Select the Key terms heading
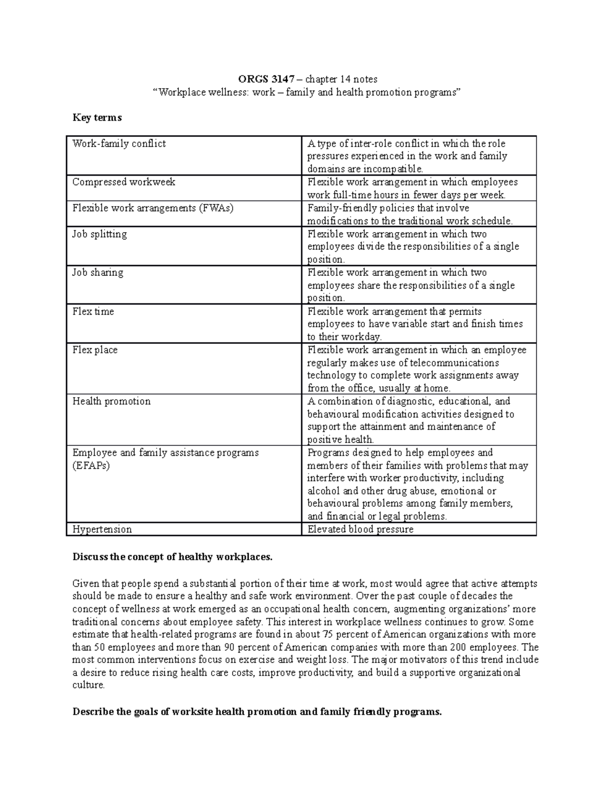tap(97, 118)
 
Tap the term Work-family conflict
tap(119, 144)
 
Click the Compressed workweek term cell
tap(124, 182)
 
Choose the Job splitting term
tap(99, 234)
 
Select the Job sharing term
tap(97, 273)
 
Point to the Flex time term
tap(93, 312)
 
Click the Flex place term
tap(95, 350)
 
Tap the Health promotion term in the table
tap(111, 401)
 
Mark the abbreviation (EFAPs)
tap(91, 466)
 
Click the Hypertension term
tap(102, 529)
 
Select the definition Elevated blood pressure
tap(360, 529)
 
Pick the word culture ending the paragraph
tap(88, 685)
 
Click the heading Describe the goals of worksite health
tap(257, 712)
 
